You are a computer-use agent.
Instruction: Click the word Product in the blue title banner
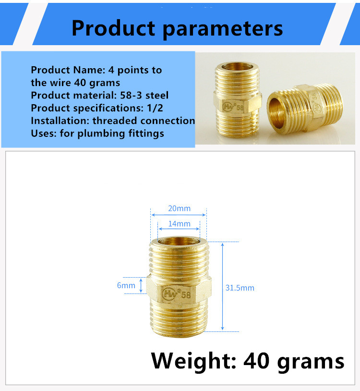[114, 28]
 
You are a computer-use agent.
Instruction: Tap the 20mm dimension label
[179, 208]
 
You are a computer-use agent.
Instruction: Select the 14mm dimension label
[179, 224]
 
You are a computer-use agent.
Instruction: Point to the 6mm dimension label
[126, 285]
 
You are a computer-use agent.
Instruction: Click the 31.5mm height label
[240, 288]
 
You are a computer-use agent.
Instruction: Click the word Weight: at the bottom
[193, 361]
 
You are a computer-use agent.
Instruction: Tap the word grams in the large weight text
[311, 362]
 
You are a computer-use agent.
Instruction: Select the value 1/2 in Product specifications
[155, 108]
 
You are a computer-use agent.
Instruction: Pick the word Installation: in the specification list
[60, 121]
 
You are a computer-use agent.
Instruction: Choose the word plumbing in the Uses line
[101, 134]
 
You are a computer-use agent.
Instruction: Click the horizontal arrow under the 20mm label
[179, 215]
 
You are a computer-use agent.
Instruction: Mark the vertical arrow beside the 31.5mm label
[222, 287]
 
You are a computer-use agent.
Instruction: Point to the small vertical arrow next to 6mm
[141, 285]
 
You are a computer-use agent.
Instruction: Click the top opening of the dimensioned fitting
[179, 241]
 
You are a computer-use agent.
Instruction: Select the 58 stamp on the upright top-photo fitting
[240, 108]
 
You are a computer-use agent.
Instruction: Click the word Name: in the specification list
[89, 70]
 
